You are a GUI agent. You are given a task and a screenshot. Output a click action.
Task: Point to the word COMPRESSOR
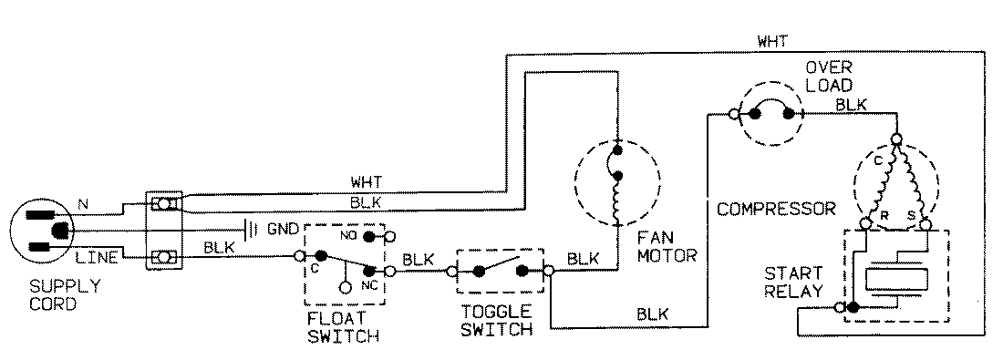coord(776,209)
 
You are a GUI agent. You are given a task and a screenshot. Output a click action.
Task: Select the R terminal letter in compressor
coord(883,216)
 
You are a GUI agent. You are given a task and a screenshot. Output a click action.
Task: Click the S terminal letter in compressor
coord(910,216)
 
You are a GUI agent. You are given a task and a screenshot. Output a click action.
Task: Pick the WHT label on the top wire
coord(772,41)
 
